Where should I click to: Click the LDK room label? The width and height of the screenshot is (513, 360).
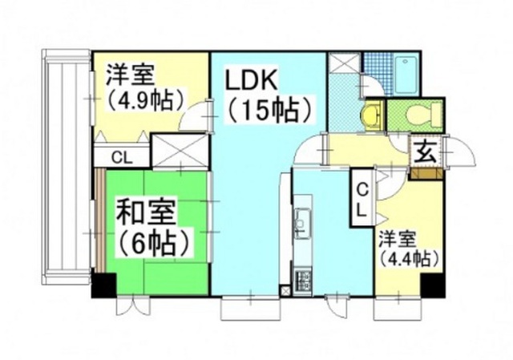pyautogui.click(x=251, y=80)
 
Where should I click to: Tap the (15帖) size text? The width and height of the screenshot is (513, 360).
pyautogui.click(x=268, y=109)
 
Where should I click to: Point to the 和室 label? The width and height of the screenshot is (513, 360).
pyautogui.click(x=149, y=214)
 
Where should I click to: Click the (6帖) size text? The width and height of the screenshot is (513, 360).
pyautogui.click(x=156, y=240)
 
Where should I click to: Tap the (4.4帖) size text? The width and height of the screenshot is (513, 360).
pyautogui.click(x=408, y=259)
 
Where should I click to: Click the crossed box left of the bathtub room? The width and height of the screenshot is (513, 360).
pyautogui.click(x=345, y=63)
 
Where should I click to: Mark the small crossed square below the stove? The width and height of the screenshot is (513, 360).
pyautogui.click(x=284, y=290)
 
